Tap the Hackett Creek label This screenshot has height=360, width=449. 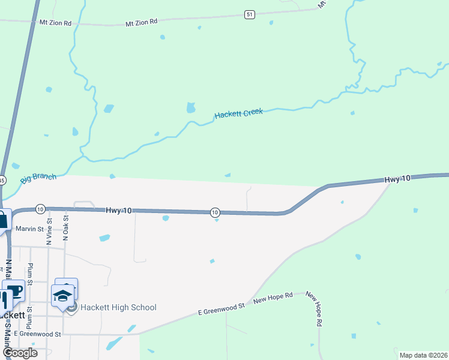coord(239,113)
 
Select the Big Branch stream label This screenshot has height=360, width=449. coord(38,178)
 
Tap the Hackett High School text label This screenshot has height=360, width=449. coord(119,307)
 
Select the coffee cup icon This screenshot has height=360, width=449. coord(14,291)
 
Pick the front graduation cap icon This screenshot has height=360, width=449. coord(62,296)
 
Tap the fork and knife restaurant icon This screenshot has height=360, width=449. coord(4,298)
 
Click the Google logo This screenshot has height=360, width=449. coord(20,352)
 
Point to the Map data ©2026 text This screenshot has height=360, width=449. coord(423,355)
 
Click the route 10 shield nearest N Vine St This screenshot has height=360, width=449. coord(40,209)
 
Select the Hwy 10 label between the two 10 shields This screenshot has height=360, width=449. coord(119,211)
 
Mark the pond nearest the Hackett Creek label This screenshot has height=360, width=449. coord(191,108)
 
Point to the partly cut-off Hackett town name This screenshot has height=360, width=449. coord(13,314)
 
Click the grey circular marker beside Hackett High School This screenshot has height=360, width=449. coord(72,308)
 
